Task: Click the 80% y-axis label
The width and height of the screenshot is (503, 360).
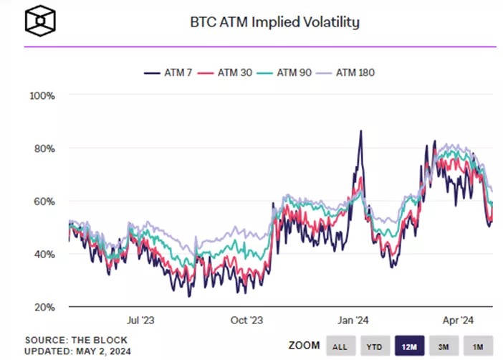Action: (x=42, y=148)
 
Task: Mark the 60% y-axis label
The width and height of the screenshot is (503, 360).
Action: (x=42, y=202)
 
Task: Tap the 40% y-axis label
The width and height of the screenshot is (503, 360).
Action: (x=42, y=254)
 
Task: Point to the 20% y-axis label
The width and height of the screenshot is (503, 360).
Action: (x=42, y=307)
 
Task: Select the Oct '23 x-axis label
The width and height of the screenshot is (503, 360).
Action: (x=247, y=321)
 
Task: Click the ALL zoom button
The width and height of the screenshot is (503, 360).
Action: (x=340, y=346)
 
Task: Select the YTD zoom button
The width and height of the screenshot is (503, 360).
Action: (x=374, y=346)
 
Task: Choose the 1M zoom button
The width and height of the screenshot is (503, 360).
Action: (x=477, y=346)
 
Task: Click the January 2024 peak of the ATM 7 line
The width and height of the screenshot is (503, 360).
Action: (x=361, y=131)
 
